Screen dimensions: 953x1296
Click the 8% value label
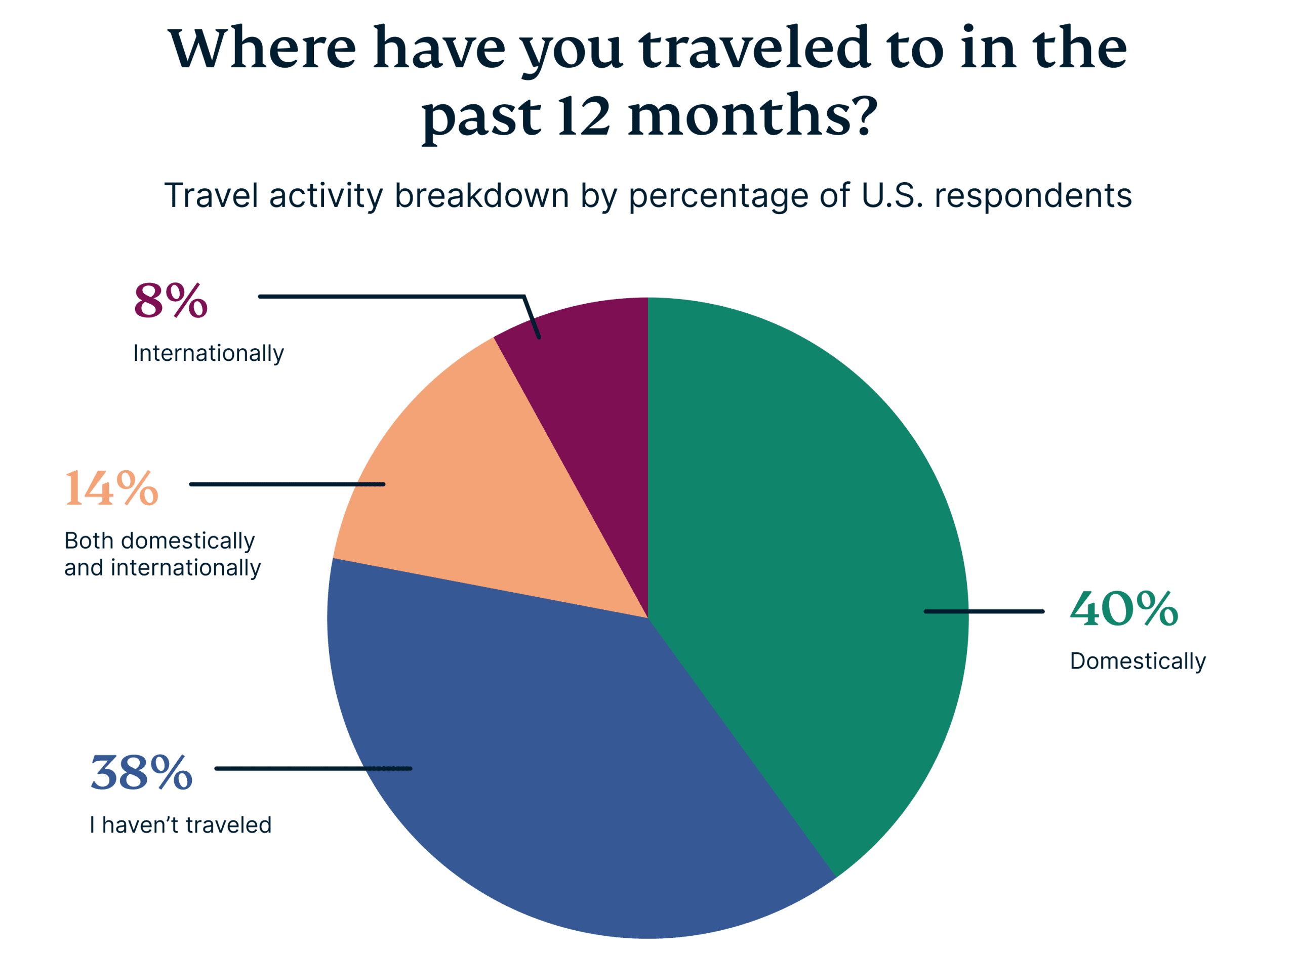pyautogui.click(x=170, y=301)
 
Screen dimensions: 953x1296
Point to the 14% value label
pyautogui.click(x=111, y=488)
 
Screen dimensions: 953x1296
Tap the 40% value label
pyautogui.click(x=1123, y=609)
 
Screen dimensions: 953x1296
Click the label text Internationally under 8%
pyautogui.click(x=208, y=353)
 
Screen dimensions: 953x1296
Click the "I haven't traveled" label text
pyautogui.click(x=181, y=825)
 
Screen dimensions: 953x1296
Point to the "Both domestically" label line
pyautogui.click(x=159, y=541)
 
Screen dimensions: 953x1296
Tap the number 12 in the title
pyautogui.click(x=583, y=115)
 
